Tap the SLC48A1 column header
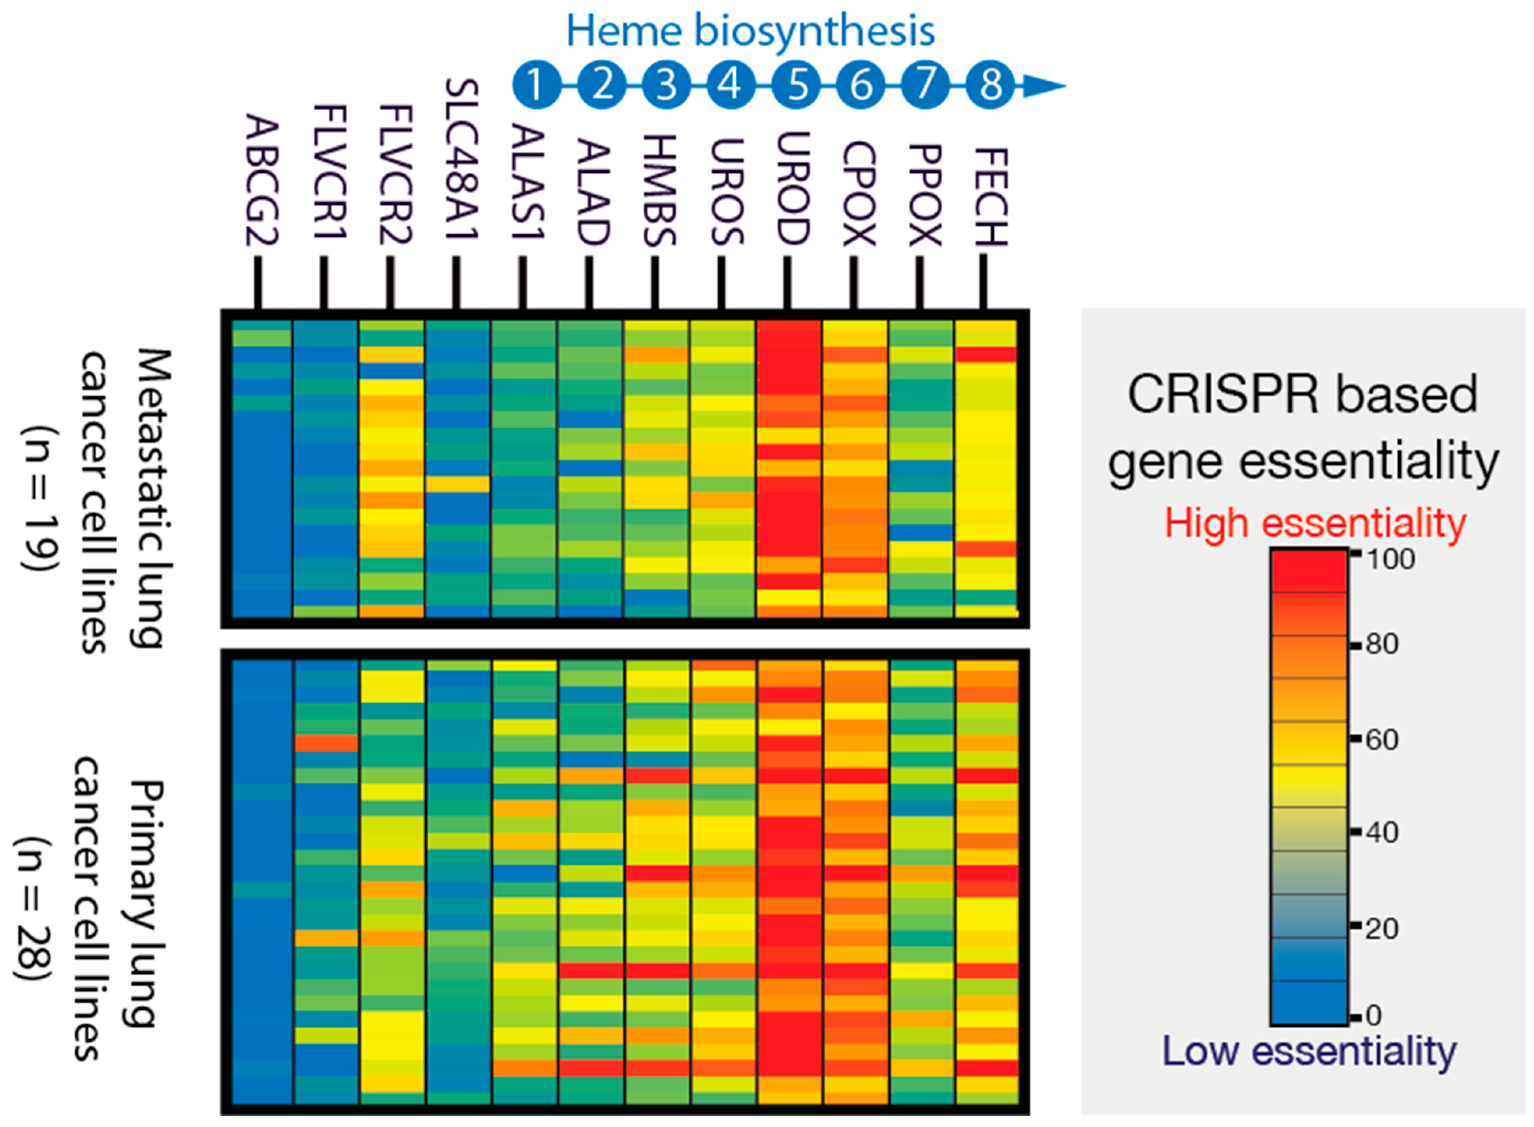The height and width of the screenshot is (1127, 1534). coord(462,160)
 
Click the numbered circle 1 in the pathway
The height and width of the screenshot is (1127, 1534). coord(536,85)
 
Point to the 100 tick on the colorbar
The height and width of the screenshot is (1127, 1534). coord(1390,559)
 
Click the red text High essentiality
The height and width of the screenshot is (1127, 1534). coord(1315,524)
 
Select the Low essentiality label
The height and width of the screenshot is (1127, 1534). coord(1309,1051)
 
